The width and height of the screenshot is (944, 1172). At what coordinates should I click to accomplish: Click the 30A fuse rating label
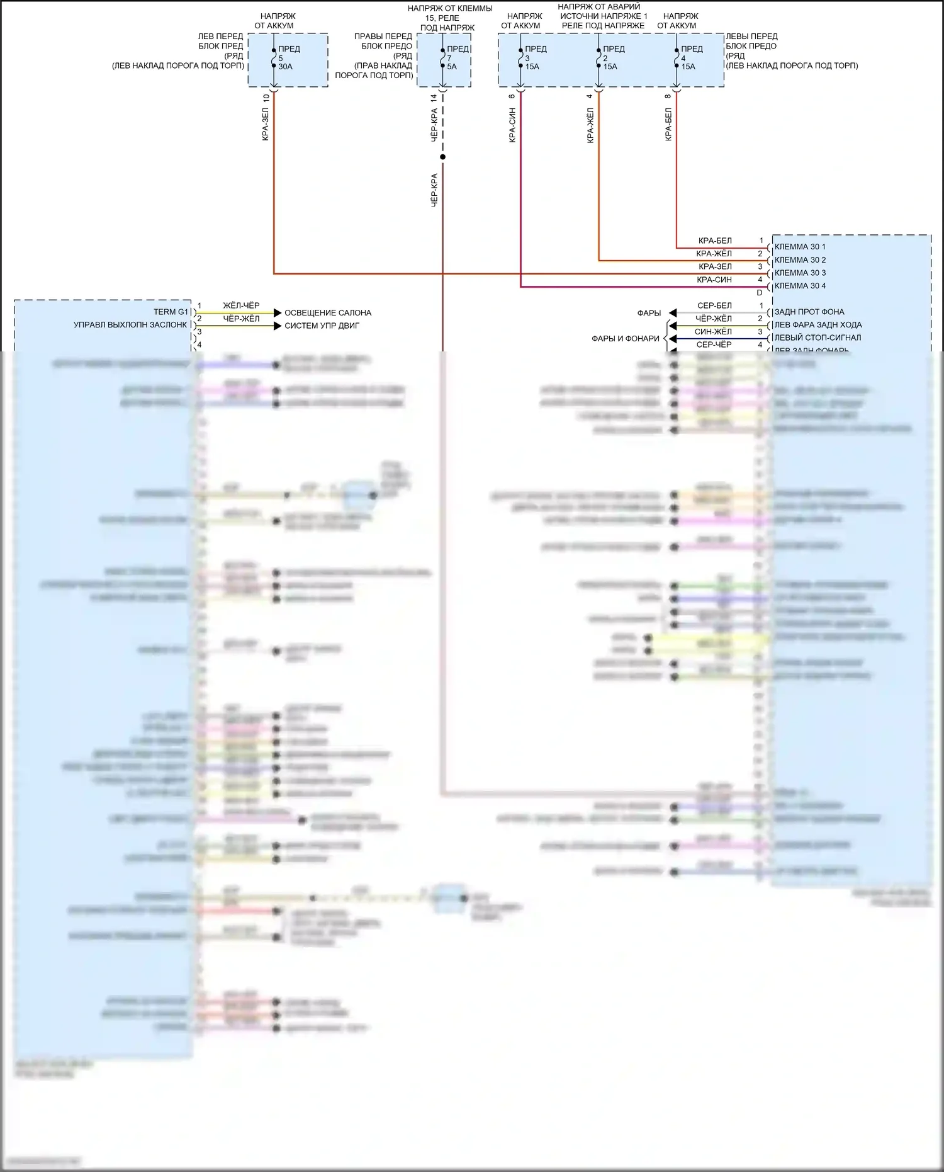[x=285, y=67]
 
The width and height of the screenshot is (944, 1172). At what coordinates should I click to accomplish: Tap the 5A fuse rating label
[x=452, y=67]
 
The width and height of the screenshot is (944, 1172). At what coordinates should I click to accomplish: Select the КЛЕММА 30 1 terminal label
[x=800, y=247]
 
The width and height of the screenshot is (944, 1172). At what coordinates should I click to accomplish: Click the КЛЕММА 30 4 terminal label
[x=800, y=286]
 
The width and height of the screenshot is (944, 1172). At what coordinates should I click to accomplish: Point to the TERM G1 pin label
[x=171, y=312]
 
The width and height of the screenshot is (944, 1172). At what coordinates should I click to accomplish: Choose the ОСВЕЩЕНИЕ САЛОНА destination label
[x=328, y=313]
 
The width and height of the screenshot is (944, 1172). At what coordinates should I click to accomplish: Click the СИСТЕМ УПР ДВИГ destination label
[x=322, y=326]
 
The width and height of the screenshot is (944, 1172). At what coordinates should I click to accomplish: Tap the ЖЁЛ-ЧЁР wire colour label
[x=241, y=305]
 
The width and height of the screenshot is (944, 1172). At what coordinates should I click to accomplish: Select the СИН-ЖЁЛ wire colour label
[x=713, y=332]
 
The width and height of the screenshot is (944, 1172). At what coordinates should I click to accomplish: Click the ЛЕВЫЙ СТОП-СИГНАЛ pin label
[x=818, y=338]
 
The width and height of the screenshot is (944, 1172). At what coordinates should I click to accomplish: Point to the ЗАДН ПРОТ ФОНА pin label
[x=809, y=312]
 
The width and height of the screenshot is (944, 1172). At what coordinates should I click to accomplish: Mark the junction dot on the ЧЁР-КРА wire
[x=442, y=157]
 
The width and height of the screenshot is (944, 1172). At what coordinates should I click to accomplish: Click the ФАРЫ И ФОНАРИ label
[x=625, y=339]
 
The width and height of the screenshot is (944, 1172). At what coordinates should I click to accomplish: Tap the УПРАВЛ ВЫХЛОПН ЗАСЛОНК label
[x=130, y=325]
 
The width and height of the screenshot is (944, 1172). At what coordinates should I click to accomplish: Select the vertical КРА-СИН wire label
[x=512, y=125]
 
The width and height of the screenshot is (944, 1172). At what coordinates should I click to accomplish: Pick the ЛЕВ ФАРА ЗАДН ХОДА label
[x=818, y=325]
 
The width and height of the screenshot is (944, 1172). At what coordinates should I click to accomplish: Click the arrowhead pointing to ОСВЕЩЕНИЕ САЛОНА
[x=278, y=313]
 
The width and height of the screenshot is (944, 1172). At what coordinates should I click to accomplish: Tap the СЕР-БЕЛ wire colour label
[x=714, y=305]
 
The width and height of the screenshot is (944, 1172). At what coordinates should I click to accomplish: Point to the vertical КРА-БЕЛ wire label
[x=668, y=124]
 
